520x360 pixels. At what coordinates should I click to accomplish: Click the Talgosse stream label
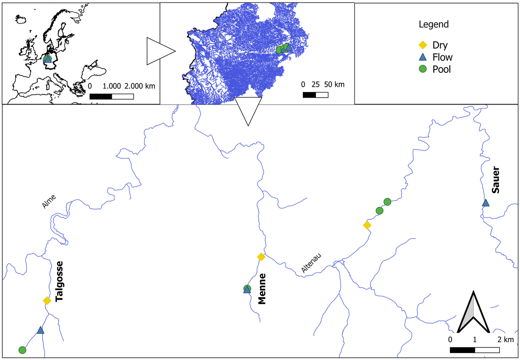[59, 281]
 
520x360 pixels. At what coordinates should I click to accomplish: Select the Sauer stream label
[496, 180]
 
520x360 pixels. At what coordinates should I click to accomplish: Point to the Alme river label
[49, 203]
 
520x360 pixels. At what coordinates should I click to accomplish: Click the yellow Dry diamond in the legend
[424, 45]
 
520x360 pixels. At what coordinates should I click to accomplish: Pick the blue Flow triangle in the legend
[424, 57]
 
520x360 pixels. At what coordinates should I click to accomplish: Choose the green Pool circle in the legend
[424, 69]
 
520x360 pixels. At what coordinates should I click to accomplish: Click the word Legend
[433, 24]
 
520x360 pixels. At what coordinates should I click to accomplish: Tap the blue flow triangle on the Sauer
[486, 203]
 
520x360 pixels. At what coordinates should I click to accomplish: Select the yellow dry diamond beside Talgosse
[47, 301]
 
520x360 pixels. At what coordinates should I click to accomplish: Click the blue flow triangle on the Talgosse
[40, 330]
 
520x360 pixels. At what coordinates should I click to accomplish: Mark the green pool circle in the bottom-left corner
[23, 350]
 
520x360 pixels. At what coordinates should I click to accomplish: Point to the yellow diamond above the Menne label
[261, 257]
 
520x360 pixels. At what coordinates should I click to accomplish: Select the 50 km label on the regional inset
[332, 84]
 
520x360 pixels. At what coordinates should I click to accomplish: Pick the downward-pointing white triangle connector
[248, 110]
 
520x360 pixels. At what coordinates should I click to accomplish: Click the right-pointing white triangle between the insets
[159, 51]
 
